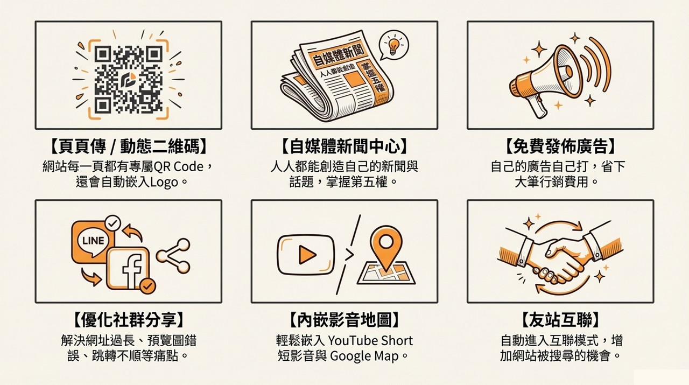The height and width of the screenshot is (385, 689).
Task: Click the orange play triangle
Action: pos(307,255)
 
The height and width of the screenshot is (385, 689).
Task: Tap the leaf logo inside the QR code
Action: pos(129,79)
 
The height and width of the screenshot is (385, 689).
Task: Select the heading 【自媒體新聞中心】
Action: pos(344,146)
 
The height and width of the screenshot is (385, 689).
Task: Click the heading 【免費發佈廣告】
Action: pos(560,146)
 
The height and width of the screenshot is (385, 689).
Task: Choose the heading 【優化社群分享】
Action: pos(129,320)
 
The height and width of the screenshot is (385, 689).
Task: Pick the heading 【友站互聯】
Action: pos(560,320)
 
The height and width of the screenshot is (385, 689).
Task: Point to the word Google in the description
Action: pos(350,356)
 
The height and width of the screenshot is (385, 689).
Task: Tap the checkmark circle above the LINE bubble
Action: pos(113,223)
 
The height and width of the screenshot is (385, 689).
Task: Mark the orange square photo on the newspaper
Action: pos(354,79)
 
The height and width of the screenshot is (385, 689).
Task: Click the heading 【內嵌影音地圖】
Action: pos(344,320)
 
